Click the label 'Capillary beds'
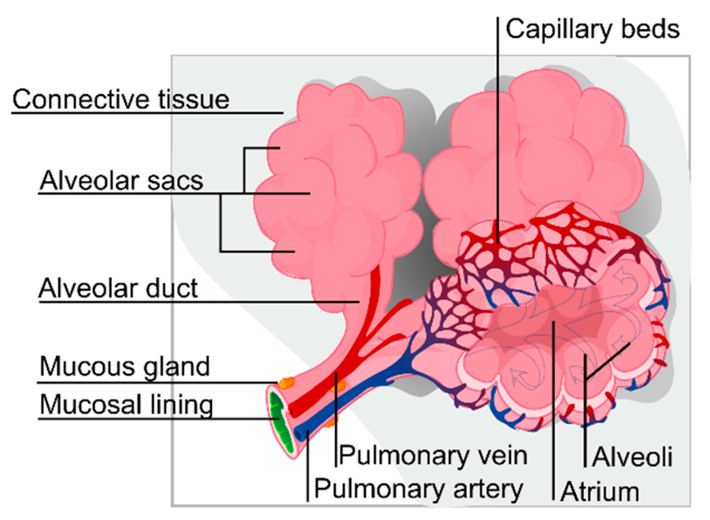click(592, 30)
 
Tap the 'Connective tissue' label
click(120, 100)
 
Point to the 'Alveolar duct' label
click(118, 288)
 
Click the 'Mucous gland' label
click(125, 366)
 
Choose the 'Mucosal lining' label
click(126, 405)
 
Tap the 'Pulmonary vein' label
click(433, 455)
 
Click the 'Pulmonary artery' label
click(418, 489)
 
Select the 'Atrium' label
click(600, 491)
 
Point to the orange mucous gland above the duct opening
click(286, 383)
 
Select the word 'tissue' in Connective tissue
click(194, 100)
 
